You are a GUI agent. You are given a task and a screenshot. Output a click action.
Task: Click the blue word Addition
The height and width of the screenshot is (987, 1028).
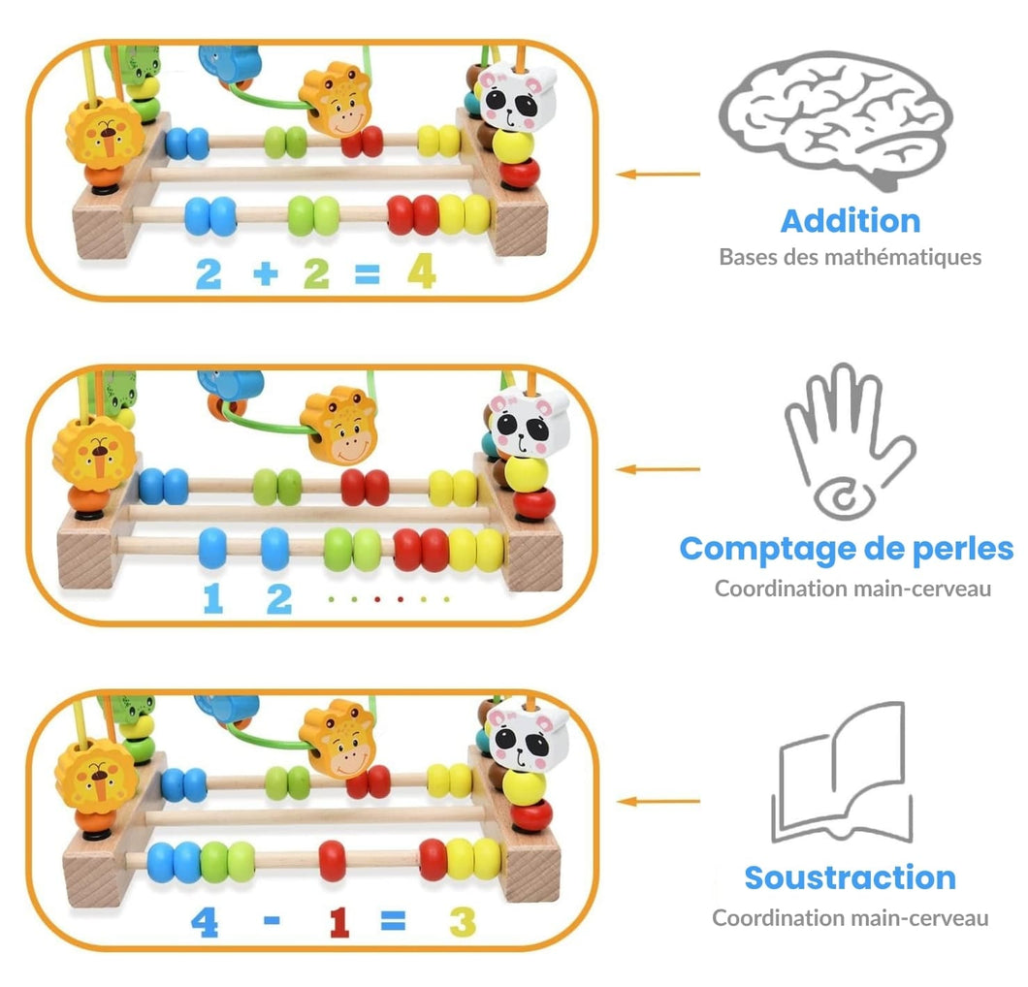850,220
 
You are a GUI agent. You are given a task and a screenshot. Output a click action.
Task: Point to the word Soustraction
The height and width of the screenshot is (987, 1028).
850,877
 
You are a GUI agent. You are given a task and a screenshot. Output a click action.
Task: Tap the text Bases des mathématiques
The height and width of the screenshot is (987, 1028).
850,257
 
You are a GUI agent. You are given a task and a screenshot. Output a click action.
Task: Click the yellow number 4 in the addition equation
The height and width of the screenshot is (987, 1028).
421,271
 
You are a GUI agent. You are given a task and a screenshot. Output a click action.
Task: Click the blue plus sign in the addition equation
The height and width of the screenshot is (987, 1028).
264,273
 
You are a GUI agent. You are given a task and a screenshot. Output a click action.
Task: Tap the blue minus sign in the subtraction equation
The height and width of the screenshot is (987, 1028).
273,919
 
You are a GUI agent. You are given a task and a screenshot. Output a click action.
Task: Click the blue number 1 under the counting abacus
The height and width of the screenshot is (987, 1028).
212,597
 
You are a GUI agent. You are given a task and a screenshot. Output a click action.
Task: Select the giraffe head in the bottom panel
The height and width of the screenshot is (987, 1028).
337,741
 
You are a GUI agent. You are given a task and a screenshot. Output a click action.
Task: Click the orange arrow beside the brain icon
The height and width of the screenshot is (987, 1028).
659,175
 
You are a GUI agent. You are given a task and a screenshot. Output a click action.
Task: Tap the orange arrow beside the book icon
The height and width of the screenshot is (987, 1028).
659,802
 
